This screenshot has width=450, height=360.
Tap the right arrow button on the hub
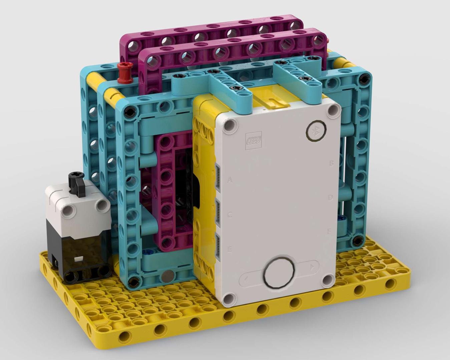point(312,266)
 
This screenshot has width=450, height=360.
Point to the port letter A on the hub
point(230,180)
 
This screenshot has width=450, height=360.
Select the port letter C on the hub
point(230,215)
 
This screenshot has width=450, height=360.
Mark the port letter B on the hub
point(331,163)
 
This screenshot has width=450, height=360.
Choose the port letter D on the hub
point(330,197)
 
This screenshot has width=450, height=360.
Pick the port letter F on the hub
point(329,231)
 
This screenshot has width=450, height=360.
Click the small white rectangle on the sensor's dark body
point(79,259)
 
